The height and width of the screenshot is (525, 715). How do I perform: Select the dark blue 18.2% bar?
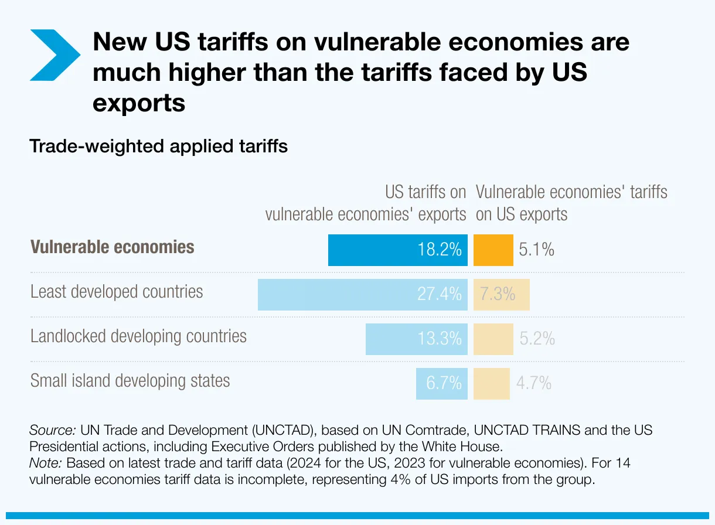click(x=397, y=250)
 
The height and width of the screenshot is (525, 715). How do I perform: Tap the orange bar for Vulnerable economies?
click(x=493, y=250)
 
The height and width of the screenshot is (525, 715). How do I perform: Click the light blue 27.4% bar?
click(x=362, y=294)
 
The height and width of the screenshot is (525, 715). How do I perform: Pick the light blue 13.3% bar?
click(x=416, y=339)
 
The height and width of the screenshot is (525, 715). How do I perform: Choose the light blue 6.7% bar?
click(x=441, y=383)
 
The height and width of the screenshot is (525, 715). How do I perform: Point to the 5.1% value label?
click(x=536, y=250)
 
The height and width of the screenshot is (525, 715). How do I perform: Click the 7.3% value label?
click(x=498, y=294)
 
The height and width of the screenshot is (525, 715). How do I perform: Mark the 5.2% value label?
click(x=537, y=339)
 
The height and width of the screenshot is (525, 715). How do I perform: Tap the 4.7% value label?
click(x=533, y=383)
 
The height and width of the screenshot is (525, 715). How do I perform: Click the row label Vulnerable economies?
click(x=113, y=247)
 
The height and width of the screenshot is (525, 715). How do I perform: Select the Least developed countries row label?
click(x=117, y=291)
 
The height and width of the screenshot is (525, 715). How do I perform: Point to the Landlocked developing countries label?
click(x=138, y=336)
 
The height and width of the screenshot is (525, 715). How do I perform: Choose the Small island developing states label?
click(x=130, y=380)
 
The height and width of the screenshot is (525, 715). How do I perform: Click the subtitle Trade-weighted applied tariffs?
click(x=158, y=146)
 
